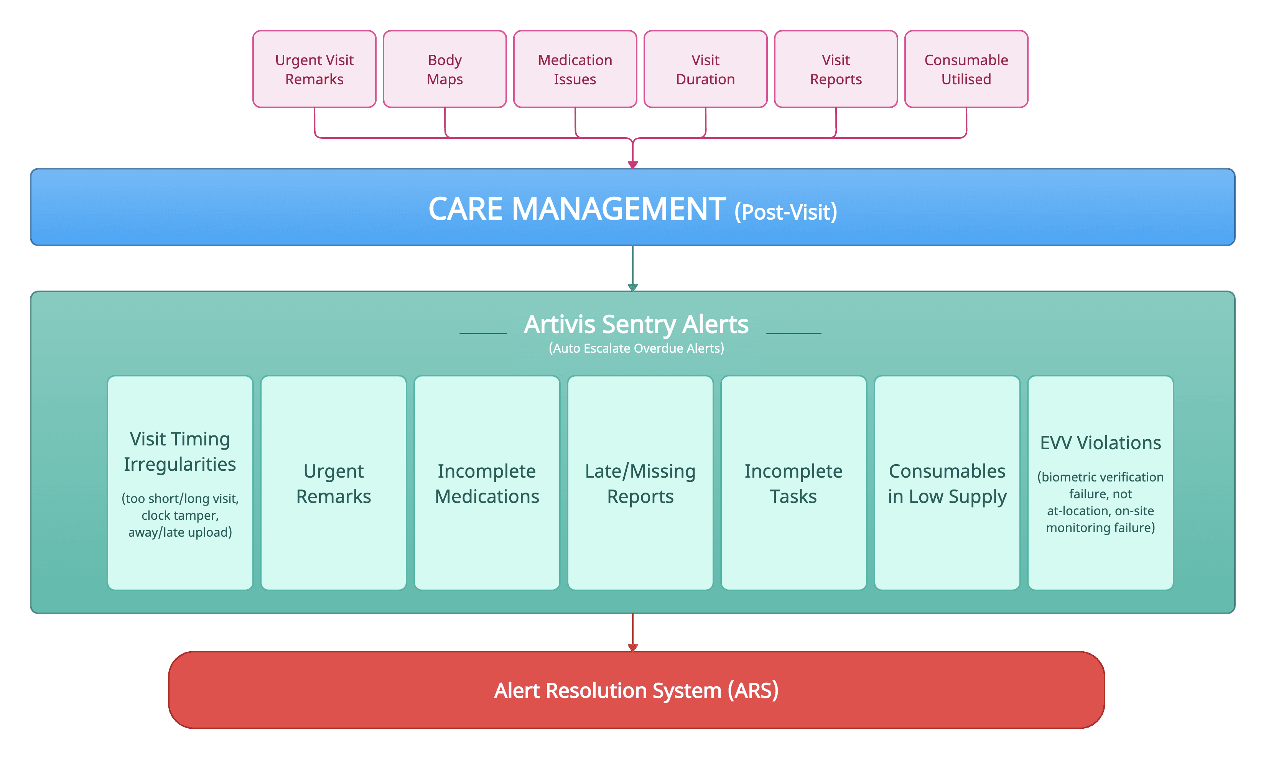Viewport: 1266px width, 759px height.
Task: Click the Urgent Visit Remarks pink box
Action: [x=314, y=69]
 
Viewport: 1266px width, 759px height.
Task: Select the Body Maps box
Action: [x=444, y=69]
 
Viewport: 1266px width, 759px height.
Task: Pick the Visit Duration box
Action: [x=705, y=69]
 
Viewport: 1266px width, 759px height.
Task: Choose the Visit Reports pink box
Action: [x=836, y=69]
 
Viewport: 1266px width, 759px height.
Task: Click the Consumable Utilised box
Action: [x=966, y=69]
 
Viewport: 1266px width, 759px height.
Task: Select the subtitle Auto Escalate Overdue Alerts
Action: [x=636, y=348]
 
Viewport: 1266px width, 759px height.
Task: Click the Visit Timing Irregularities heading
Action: [x=179, y=452]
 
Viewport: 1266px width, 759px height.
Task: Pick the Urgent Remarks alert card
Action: [x=334, y=483]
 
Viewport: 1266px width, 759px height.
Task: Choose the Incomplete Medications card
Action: [x=487, y=483]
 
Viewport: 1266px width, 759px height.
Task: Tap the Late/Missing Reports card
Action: [x=640, y=483]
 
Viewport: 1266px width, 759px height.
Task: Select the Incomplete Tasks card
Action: [x=793, y=483]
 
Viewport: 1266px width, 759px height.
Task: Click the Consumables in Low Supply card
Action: [x=947, y=483]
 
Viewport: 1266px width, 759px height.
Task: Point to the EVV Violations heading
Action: [x=1100, y=443]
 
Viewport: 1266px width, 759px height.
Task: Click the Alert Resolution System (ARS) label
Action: [x=636, y=690]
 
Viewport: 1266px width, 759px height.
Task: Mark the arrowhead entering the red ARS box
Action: [x=632, y=647]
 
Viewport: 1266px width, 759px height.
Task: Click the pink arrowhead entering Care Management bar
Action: [x=632, y=165]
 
